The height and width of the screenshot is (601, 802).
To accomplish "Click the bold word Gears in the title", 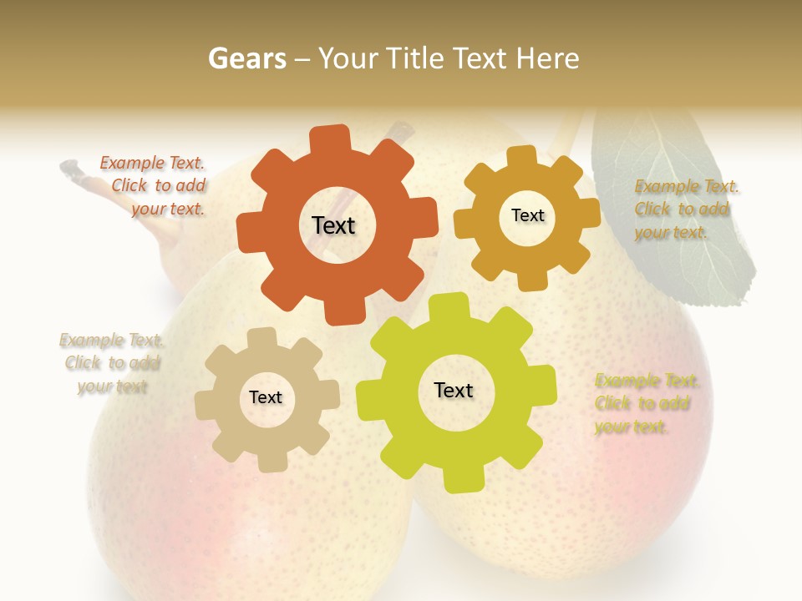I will tap(246, 58).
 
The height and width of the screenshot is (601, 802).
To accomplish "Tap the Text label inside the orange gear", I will tap(333, 225).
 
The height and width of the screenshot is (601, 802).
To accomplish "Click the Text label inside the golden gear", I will tap(527, 215).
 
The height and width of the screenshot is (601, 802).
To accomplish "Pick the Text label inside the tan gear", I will tap(266, 397).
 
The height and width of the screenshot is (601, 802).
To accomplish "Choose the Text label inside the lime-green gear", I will tap(454, 390).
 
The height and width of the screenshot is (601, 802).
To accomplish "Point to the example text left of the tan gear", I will tap(111, 363).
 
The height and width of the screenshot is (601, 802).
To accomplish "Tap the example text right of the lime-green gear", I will tap(646, 403).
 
